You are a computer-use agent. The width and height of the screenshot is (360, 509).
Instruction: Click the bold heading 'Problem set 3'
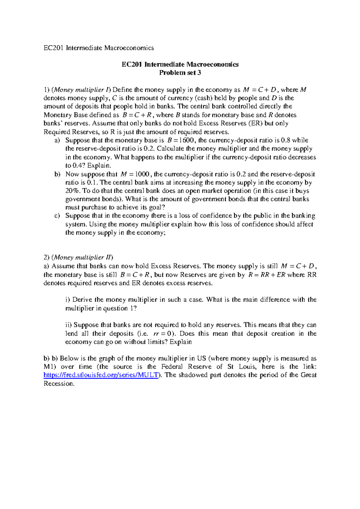[180, 73]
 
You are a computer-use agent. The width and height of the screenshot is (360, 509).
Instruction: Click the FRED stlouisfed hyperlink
[101, 375]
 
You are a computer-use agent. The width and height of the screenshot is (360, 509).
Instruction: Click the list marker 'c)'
[57, 216]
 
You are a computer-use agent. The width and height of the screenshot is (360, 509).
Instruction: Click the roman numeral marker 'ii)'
[69, 325]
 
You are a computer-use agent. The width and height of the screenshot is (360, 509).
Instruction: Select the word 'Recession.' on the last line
[59, 384]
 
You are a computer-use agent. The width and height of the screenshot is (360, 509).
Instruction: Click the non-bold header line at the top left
[99, 48]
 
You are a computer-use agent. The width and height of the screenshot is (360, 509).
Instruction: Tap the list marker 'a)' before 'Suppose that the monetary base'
[57, 140]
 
